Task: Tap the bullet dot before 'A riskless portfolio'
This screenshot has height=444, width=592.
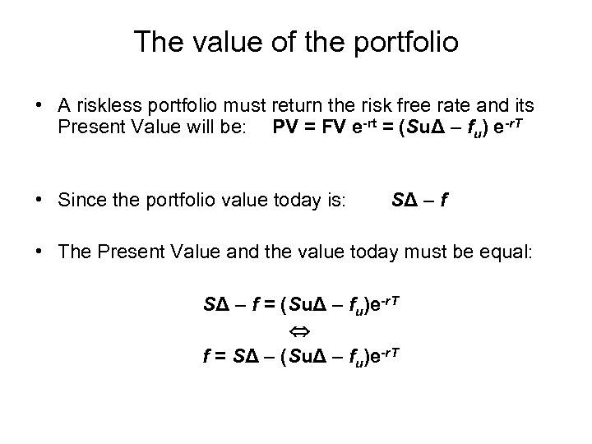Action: point(39,106)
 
